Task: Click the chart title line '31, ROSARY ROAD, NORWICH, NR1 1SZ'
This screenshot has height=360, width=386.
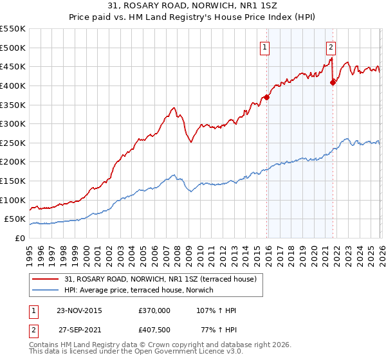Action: click(x=193, y=6)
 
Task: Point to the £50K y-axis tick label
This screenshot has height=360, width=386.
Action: click(x=15, y=219)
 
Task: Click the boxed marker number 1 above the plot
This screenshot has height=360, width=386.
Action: click(x=265, y=46)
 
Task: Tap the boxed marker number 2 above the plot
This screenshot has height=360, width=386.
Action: click(x=331, y=46)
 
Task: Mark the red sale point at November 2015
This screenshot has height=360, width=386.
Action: click(x=266, y=97)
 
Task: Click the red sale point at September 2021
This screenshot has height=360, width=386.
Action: click(x=333, y=82)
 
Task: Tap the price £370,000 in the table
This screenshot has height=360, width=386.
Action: click(x=154, y=310)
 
